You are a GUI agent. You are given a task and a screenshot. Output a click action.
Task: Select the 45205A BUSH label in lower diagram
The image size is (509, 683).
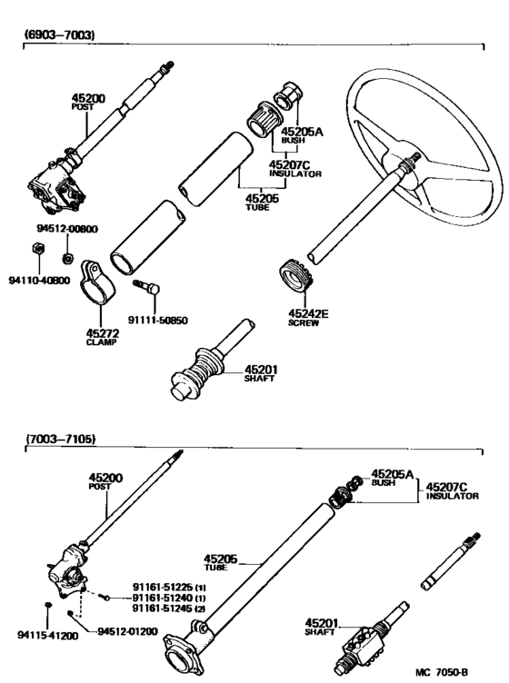tap(392, 479)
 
